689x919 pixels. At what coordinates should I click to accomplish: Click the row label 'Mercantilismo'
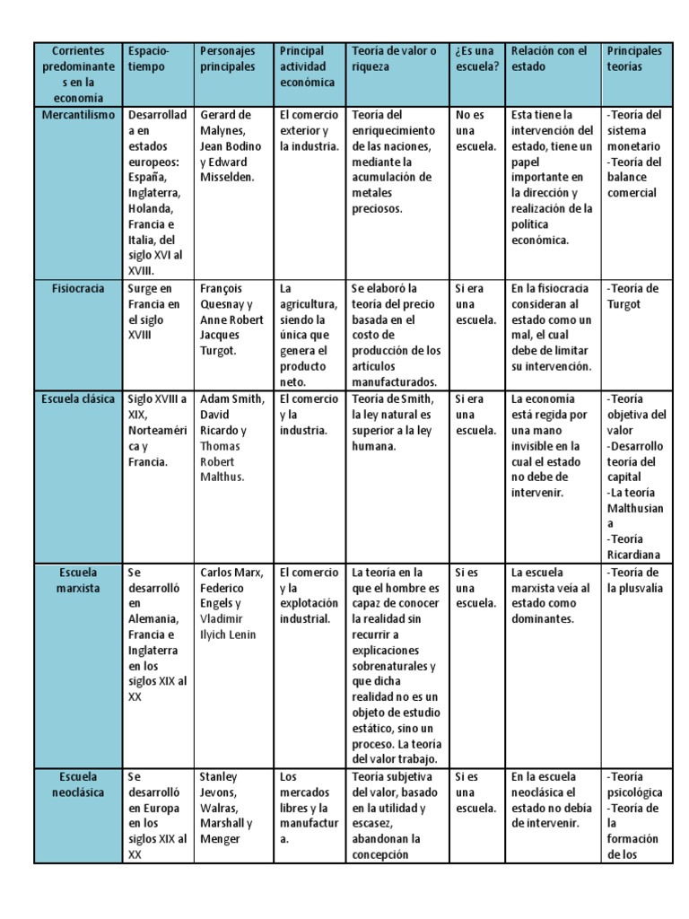point(78,115)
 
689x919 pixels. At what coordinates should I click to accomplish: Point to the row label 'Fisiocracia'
point(78,288)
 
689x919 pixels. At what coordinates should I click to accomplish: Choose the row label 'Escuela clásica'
point(78,399)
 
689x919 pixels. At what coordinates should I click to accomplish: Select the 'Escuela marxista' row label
point(78,580)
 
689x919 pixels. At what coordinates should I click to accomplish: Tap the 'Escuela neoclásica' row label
point(78,784)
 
